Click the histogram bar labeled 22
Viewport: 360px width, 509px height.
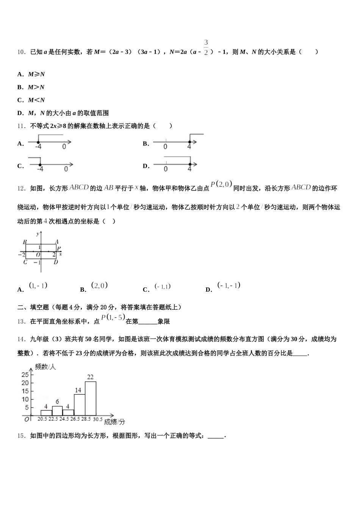coord(90,398)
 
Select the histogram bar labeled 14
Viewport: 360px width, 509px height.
coord(79,404)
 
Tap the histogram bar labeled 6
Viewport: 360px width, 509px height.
coord(57,411)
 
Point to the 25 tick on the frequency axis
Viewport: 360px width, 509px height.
coord(25,375)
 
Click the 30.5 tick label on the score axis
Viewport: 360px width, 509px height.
coord(97,419)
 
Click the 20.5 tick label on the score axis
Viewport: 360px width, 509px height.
coord(42,419)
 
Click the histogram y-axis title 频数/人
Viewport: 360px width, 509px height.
coord(45,366)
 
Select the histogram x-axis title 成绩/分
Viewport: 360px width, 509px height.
coord(114,422)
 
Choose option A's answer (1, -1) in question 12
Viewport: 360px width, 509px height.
coord(38,286)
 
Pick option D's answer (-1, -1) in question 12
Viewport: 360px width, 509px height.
coord(229,285)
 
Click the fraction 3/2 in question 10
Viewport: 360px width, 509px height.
coord(206,47)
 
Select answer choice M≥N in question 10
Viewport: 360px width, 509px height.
coord(36,74)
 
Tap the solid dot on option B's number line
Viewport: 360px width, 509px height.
coord(189,142)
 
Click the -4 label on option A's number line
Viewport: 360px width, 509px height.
coord(38,147)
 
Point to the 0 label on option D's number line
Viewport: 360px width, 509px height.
coord(166,169)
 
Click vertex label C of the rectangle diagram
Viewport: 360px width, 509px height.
coord(25,262)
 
